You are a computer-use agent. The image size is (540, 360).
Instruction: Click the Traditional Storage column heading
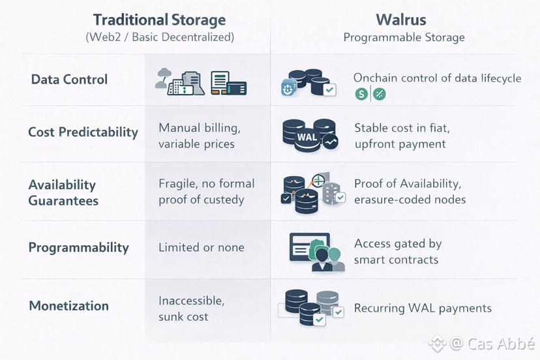pos(160,20)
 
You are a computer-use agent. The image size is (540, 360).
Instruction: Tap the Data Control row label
pos(69,80)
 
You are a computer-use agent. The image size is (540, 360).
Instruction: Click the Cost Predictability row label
pos(83,132)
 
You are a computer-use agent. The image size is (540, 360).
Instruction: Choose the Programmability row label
pos(78,247)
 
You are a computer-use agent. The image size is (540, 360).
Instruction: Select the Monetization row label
pos(68,305)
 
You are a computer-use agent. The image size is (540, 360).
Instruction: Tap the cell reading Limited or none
pos(202,247)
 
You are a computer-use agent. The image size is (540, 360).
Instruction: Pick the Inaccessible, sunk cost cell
pos(192,308)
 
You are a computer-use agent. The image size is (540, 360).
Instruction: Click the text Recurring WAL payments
pos(423,308)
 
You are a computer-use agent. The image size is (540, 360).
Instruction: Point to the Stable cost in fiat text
pos(402,128)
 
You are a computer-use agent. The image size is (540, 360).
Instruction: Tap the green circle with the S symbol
pos(361,94)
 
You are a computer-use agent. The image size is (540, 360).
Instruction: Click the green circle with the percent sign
pos(379,94)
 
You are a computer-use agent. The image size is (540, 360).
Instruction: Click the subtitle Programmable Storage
pos(404,37)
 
